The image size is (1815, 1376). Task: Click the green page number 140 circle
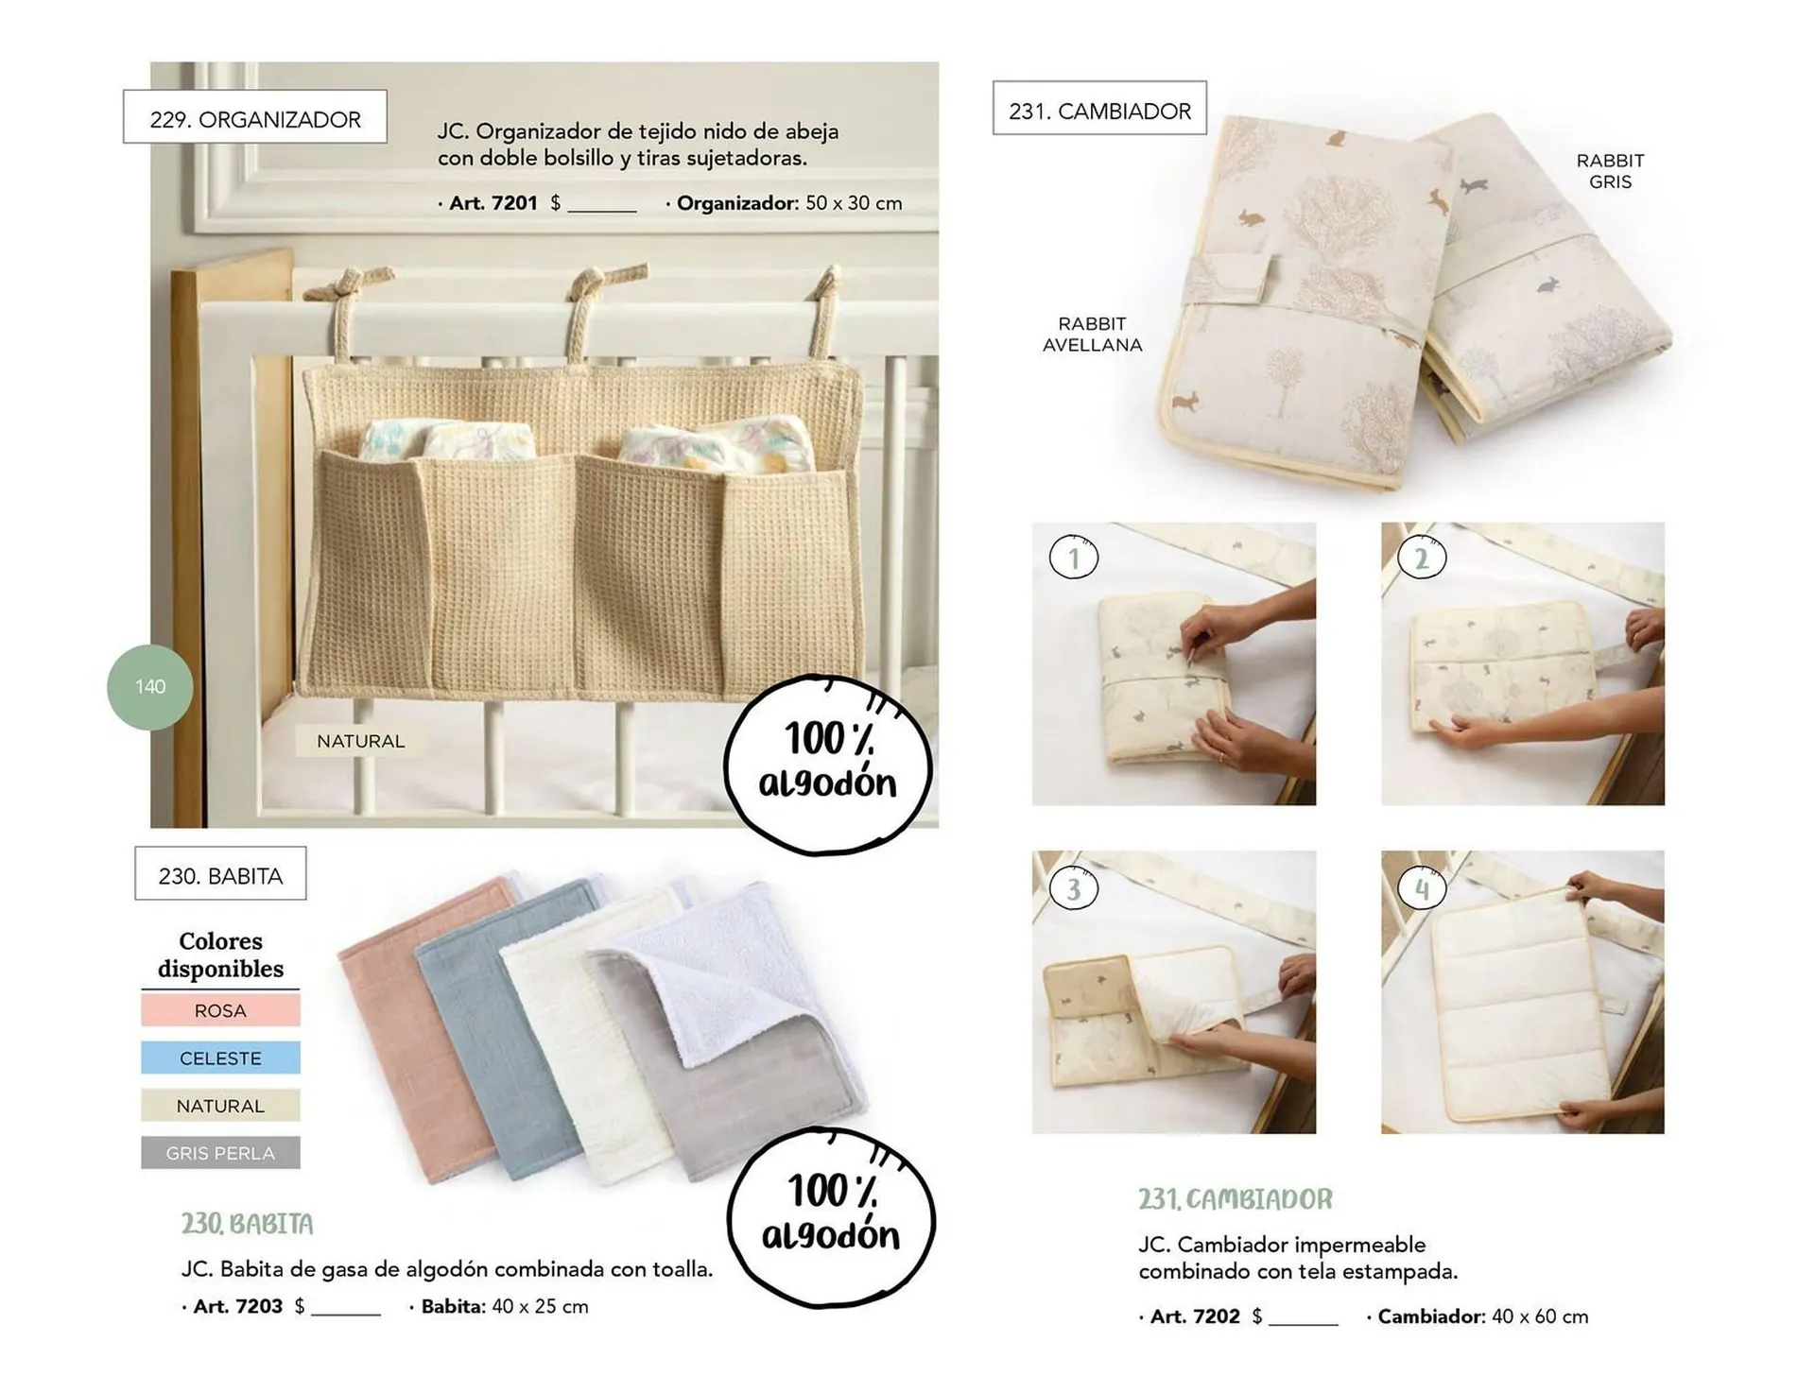[150, 687]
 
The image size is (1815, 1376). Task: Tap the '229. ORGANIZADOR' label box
[255, 117]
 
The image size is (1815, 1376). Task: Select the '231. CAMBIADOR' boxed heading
[1099, 109]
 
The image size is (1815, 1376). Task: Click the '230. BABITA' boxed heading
[220, 874]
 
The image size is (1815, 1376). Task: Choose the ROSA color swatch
[220, 1010]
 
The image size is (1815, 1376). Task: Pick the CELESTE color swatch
[220, 1058]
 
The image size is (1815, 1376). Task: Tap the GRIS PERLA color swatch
[220, 1153]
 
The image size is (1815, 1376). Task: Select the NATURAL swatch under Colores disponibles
[220, 1106]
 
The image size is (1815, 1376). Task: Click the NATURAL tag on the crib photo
[360, 741]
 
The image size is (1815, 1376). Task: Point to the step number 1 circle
[1074, 558]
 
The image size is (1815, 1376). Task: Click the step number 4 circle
[1422, 887]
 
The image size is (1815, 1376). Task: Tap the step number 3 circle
[1074, 887]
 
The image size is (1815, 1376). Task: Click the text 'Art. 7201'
[493, 202]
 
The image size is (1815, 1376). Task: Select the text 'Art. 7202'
[1194, 1316]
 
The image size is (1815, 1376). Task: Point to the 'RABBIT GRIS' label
[1610, 171]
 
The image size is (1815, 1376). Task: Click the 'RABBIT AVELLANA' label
[1092, 334]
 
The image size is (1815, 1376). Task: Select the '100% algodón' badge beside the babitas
[830, 1215]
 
